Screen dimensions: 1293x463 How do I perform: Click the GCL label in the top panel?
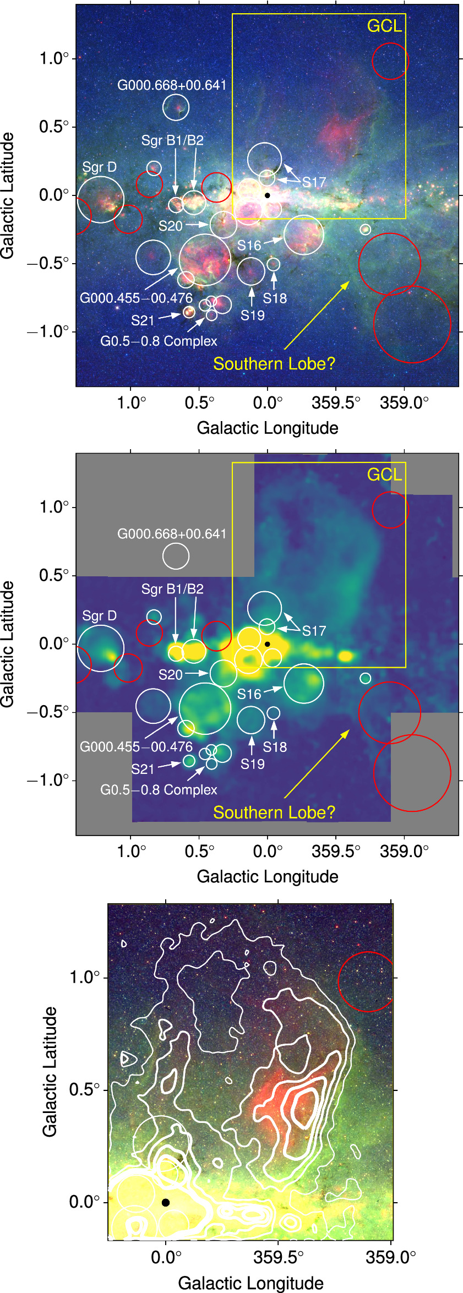(x=384, y=26)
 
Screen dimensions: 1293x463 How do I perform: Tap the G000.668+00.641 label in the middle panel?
(x=172, y=534)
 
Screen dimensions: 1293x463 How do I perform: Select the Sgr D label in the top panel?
(x=99, y=167)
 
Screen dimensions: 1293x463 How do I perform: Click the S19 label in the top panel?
(x=252, y=315)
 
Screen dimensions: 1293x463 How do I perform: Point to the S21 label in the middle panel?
(x=143, y=769)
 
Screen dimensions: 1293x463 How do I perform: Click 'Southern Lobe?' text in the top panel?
(x=274, y=364)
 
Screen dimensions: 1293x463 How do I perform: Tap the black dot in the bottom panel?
(x=166, y=1203)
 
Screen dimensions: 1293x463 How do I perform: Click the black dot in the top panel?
(x=267, y=195)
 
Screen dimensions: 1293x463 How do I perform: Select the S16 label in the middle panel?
(x=249, y=694)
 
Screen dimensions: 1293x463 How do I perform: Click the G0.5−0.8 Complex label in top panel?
(x=159, y=341)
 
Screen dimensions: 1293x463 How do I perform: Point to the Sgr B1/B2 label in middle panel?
(x=172, y=589)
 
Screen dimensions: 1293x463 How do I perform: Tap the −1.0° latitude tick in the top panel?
(x=50, y=331)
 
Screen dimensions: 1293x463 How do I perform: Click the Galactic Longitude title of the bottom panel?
(x=250, y=1283)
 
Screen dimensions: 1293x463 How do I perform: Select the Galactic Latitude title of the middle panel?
(x=7, y=643)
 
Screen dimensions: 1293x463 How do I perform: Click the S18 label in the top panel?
(x=274, y=298)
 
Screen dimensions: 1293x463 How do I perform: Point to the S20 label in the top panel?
(x=170, y=226)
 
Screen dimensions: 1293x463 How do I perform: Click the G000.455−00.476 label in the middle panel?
(x=136, y=747)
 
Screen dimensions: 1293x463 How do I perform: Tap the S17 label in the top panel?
(x=314, y=182)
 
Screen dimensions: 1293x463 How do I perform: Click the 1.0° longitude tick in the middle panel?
(x=131, y=851)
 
